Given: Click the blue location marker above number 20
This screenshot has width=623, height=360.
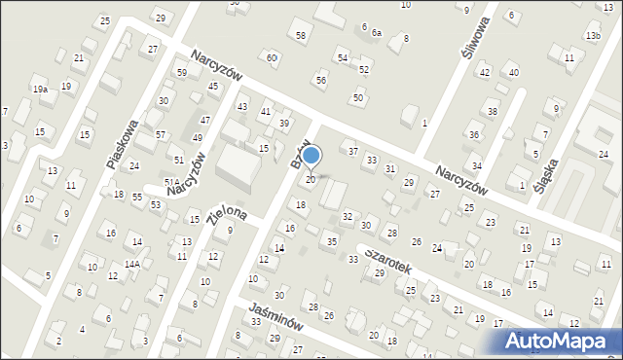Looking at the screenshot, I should pos(311,155).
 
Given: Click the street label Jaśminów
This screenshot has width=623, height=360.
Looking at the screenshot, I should pos(268,315).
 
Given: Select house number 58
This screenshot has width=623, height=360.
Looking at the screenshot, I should pos(301,35).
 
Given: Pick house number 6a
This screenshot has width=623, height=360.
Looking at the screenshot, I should pos(376,32).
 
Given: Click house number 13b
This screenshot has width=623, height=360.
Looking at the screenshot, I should pos(593,36).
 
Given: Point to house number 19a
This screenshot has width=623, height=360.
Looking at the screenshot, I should pos(40,90).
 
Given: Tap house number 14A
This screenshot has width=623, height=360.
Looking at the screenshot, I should pos(131,264).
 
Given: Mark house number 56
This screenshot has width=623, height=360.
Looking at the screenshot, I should pos(320,79).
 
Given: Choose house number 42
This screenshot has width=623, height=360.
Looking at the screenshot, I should pos(484,73).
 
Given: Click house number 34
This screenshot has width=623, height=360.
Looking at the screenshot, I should pos(476,166).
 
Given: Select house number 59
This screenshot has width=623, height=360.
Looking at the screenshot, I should pos(181,73).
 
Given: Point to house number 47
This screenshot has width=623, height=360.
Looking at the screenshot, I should pos(204,120).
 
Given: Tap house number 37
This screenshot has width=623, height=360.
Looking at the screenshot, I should pos(353,151).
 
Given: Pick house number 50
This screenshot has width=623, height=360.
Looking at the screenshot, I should pos(358,97).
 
